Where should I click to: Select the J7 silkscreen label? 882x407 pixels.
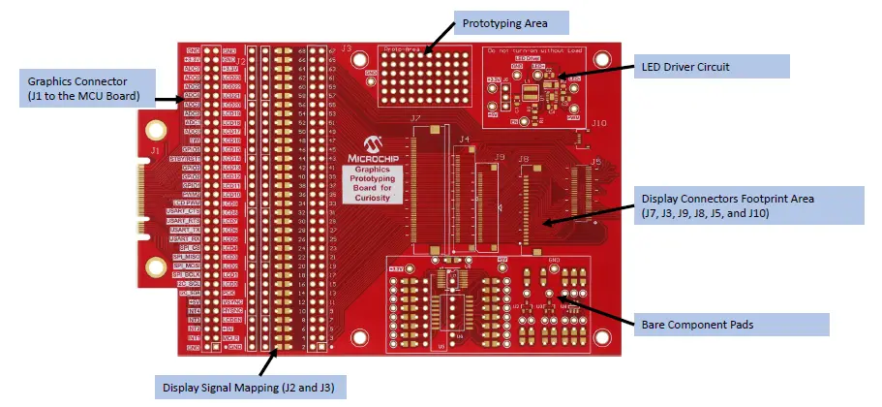click(417, 119)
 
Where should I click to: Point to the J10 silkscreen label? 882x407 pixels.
click(598, 123)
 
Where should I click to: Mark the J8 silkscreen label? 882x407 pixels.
click(523, 158)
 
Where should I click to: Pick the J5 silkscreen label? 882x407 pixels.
click(595, 160)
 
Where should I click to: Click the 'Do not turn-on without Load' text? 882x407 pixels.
click(546, 47)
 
